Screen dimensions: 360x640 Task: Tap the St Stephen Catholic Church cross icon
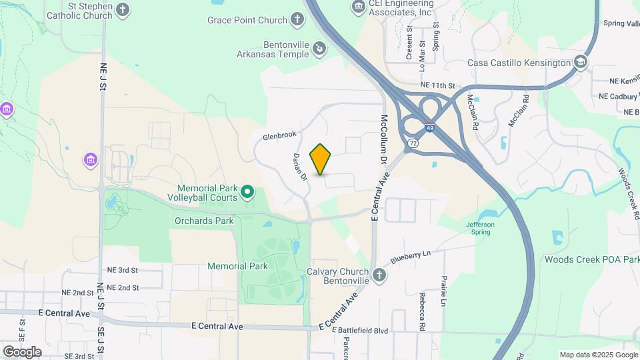coord(122,9)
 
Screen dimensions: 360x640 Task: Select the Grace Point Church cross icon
coord(297,20)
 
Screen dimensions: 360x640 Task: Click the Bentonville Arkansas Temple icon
coord(320,48)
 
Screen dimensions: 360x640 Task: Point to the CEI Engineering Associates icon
coord(359,7)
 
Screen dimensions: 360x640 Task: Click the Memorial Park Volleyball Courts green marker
coord(247,193)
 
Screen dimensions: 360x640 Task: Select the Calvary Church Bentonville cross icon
coord(379,275)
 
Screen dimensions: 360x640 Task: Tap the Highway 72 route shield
coord(414,143)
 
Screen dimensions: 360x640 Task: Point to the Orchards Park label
coord(204,221)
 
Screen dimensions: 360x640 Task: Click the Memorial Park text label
coord(237,266)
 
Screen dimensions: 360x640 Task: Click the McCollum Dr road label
coord(383,139)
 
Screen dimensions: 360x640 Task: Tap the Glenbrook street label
coord(279,135)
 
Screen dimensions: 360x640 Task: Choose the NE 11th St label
coord(437,86)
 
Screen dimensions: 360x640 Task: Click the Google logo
coord(22,351)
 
